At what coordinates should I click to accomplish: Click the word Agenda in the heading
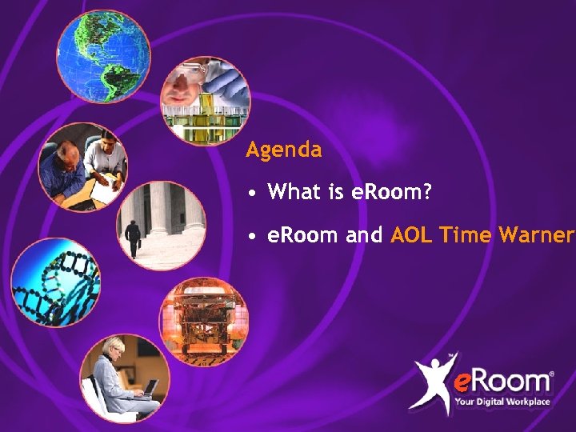284,150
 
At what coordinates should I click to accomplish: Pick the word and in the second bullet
364,236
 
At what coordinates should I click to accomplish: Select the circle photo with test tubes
206,101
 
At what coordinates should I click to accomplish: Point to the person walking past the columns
133,236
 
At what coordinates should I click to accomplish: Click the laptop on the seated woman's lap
150,389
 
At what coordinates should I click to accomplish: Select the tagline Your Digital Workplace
502,402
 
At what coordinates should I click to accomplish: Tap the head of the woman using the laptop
114,348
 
